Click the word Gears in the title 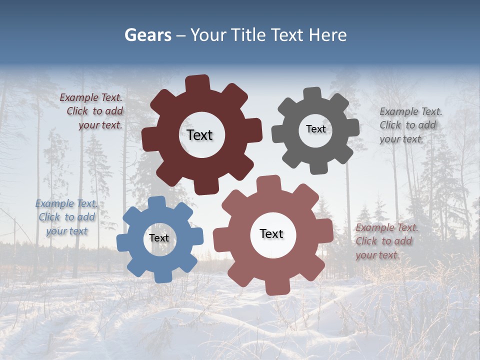147,35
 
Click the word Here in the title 328,35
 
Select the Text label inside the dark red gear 199,135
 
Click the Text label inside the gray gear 315,129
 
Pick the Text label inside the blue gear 159,238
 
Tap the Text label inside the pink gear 271,233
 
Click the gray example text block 410,125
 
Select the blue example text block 66,217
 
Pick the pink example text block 386,241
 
